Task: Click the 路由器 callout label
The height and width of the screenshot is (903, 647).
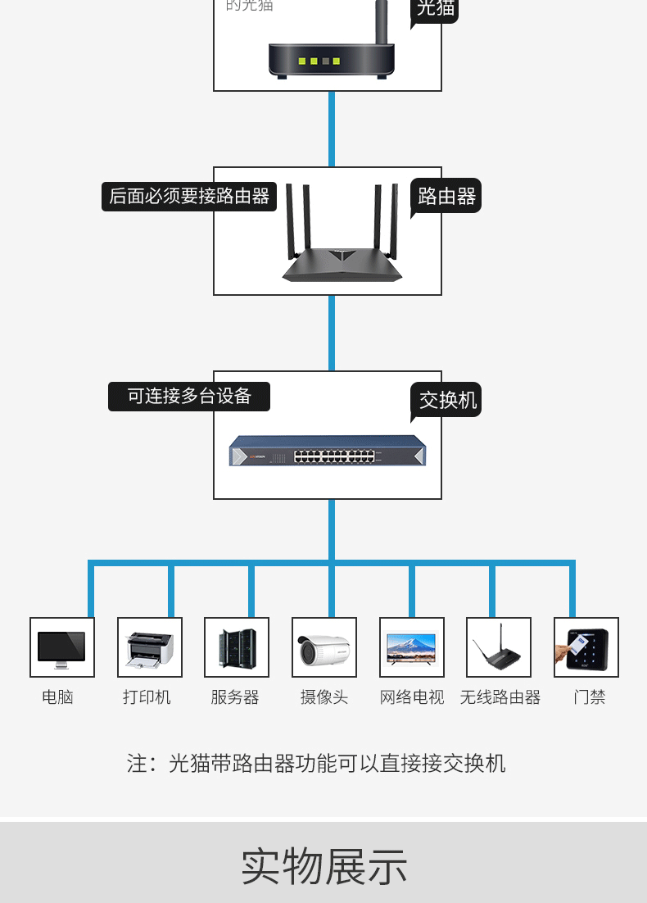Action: click(x=446, y=197)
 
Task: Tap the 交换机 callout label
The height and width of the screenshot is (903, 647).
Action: click(x=447, y=400)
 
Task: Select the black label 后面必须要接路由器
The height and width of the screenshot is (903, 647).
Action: click(x=189, y=197)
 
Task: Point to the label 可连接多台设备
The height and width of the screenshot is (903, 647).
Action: click(x=189, y=397)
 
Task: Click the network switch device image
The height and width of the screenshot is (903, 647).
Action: click(x=328, y=451)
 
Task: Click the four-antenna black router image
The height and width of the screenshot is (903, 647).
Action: click(x=342, y=238)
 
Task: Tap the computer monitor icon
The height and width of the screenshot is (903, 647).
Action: click(x=61, y=648)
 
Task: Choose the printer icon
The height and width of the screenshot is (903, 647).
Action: click(x=149, y=648)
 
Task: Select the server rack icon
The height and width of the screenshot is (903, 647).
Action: click(x=237, y=647)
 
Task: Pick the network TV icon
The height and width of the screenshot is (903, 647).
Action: click(x=411, y=647)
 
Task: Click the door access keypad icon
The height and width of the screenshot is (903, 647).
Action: click(x=586, y=648)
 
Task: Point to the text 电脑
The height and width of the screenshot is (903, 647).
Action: click(x=57, y=697)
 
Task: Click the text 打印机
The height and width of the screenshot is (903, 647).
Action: click(x=147, y=697)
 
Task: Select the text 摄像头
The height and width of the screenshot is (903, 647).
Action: click(x=323, y=697)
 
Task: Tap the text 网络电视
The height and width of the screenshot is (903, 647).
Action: click(x=411, y=697)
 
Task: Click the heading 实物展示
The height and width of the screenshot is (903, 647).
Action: click(x=323, y=866)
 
